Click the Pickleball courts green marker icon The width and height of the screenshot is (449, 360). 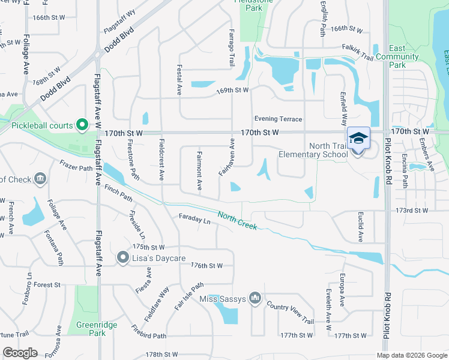click(x=83, y=125)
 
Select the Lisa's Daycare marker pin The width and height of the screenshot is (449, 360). click(x=123, y=258)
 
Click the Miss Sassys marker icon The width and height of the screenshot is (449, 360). click(x=256, y=298)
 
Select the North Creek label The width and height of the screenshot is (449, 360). click(x=237, y=221)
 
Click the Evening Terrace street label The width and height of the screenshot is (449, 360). click(x=278, y=119)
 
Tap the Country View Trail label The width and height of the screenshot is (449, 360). click(x=290, y=313)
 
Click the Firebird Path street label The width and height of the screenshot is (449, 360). click(x=149, y=331)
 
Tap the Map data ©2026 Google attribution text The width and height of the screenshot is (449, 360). click(x=411, y=355)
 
